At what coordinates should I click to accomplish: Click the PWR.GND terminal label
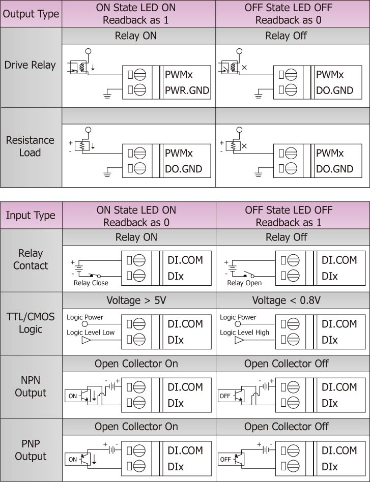coord(187,91)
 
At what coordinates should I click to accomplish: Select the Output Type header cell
coord(31,14)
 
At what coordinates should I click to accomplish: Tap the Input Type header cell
coord(31,216)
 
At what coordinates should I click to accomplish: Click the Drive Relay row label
coord(30,65)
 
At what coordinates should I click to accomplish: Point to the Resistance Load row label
coord(30,146)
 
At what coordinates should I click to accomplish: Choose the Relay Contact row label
coord(31,259)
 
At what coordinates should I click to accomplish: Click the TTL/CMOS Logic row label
coord(31,323)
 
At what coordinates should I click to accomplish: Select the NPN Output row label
coord(31,386)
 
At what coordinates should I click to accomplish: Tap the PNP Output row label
coord(31,450)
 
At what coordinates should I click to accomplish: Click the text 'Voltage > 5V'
coord(136,300)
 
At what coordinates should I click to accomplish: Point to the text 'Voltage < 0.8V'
coord(287,300)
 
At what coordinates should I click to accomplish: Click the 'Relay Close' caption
coord(91,283)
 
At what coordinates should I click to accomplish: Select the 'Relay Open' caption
coord(244,283)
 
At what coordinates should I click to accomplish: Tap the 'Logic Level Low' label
coord(91,333)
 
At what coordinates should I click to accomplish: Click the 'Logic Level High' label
coord(244,333)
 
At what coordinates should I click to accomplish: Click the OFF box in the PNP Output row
coord(225,459)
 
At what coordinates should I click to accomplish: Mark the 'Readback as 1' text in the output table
coord(135,20)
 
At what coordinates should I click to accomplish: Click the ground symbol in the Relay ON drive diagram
coord(107,93)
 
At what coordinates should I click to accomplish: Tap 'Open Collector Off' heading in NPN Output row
coord(287,364)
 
